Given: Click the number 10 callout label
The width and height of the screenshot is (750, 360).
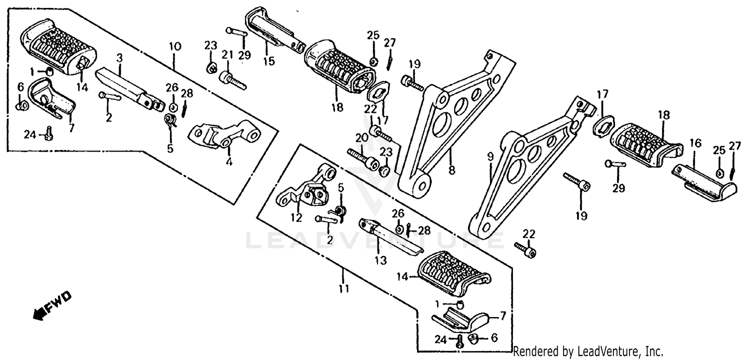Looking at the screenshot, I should pyautogui.click(x=174, y=47).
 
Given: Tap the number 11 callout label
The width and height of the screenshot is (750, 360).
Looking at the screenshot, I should pyautogui.click(x=343, y=288).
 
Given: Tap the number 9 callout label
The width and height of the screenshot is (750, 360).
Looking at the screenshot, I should pyautogui.click(x=490, y=156).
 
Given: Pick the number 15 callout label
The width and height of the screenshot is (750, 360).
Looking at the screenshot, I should pyautogui.click(x=269, y=62).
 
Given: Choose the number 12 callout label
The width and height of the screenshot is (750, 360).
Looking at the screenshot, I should pyautogui.click(x=296, y=217).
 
